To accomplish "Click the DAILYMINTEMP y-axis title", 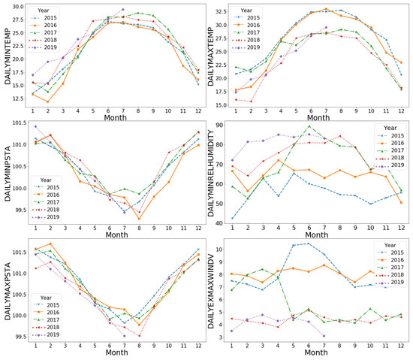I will pos(8,58).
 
